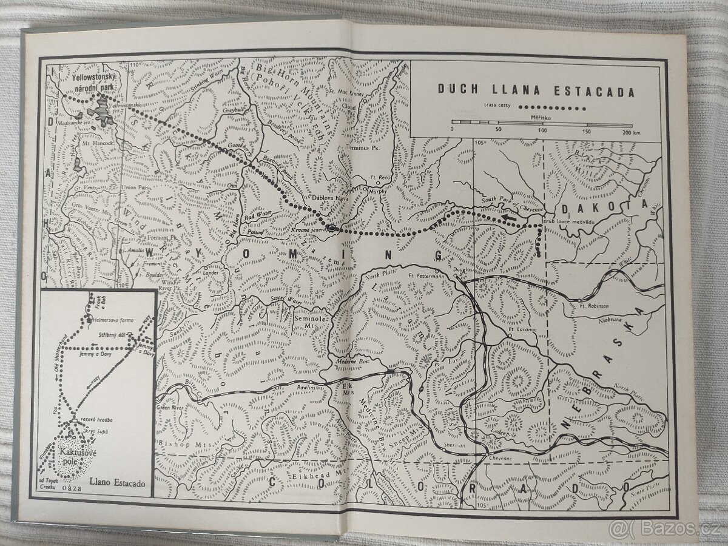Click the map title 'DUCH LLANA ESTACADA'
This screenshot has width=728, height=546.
click(536, 92)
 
